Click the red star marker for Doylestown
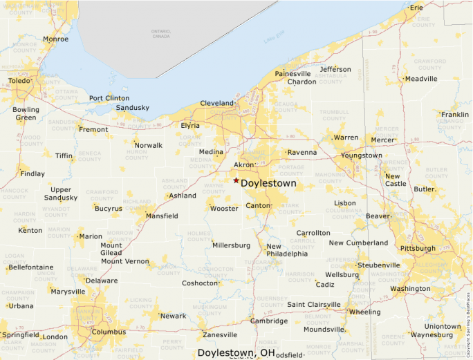(236, 180)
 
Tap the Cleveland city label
(217, 103)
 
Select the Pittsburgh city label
(418, 248)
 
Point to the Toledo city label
(19, 81)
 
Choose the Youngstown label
(362, 155)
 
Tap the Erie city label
(416, 8)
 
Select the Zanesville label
(220, 335)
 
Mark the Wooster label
(224, 209)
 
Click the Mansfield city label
(162, 216)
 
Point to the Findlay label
(33, 174)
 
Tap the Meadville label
(421, 79)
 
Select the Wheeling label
(364, 312)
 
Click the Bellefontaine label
(31, 266)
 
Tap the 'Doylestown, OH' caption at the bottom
(236, 352)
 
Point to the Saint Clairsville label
(314, 305)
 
